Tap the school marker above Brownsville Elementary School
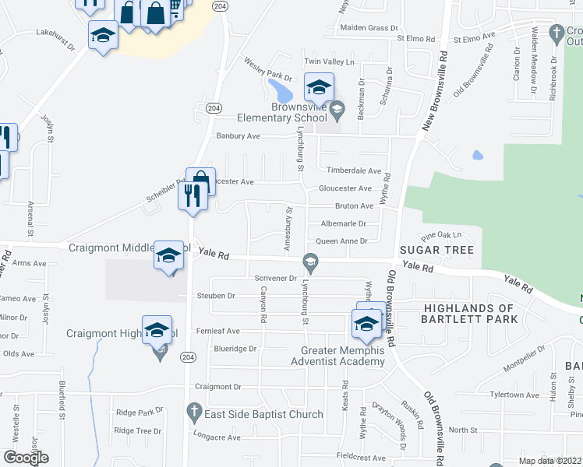pyautogui.click(x=319, y=88)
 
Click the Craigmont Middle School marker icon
pyautogui.click(x=169, y=256)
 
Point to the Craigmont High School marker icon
pyautogui.click(x=157, y=330)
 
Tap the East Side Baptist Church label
pyautogui.click(x=263, y=414)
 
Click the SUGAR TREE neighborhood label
pyautogui.click(x=436, y=250)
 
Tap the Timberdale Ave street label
pyautogui.click(x=354, y=170)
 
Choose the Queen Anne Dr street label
pyautogui.click(x=341, y=241)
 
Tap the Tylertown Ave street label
pyautogui.click(x=514, y=395)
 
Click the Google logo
pyautogui.click(x=26, y=458)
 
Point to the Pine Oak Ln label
pyautogui.click(x=441, y=234)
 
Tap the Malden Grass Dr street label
pyautogui.click(x=369, y=28)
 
